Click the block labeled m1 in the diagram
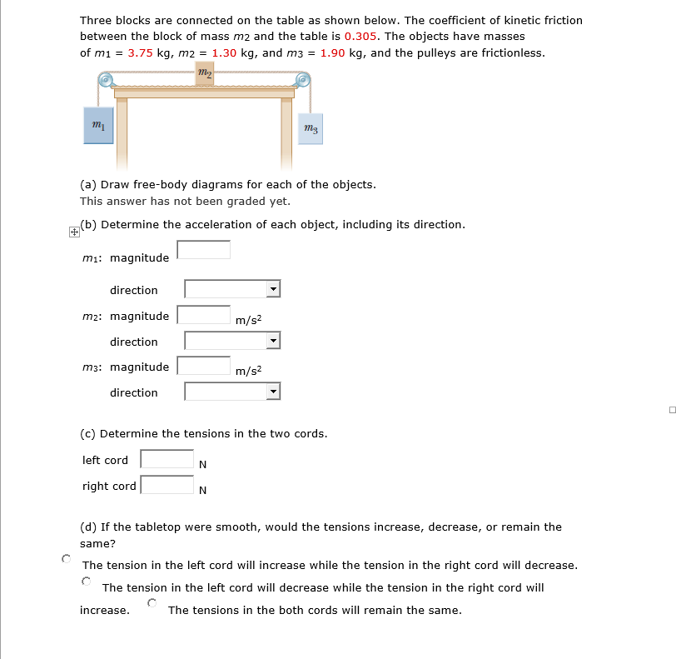point(98,125)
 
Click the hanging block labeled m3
point(310,129)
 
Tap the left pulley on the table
point(107,80)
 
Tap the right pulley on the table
point(303,80)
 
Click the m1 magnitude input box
point(203,250)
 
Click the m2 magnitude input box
point(203,315)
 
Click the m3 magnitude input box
point(203,366)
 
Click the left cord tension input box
point(167,459)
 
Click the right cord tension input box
point(167,485)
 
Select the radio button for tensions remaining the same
point(152,602)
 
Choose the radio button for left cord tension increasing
point(65,558)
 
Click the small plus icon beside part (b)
point(74,232)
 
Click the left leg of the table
point(122,133)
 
